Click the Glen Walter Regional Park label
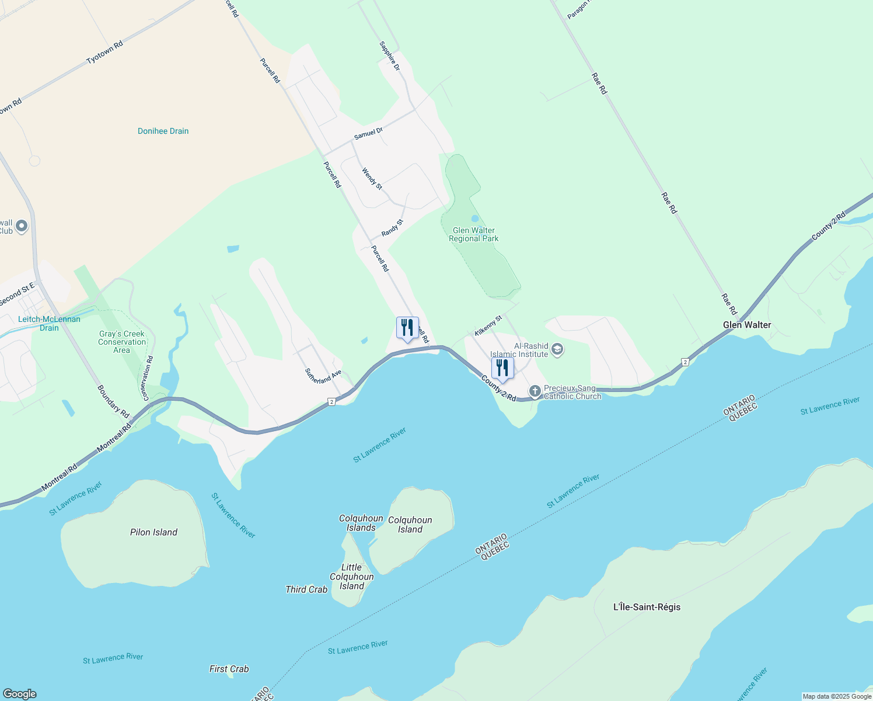click(473, 234)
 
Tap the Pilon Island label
click(153, 532)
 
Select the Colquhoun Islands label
click(361, 523)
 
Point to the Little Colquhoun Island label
click(352, 577)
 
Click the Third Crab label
click(306, 589)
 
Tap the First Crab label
click(229, 669)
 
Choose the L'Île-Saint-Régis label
click(647, 607)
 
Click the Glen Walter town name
click(747, 325)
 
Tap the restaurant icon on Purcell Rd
click(407, 328)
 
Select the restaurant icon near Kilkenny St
click(502, 369)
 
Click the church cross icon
click(535, 390)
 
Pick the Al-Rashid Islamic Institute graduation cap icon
click(557, 350)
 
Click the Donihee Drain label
click(163, 131)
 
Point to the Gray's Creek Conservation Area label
click(122, 342)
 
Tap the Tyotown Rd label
click(104, 53)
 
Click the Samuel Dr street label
click(368, 134)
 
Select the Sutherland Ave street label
click(323, 376)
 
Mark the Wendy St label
click(372, 179)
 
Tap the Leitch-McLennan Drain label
click(49, 323)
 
